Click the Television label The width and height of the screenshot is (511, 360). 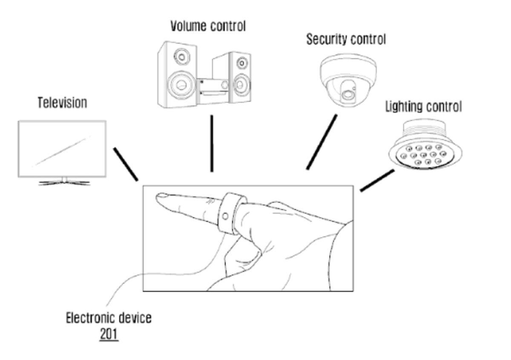[x=62, y=103]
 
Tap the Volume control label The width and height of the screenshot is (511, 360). [x=208, y=26]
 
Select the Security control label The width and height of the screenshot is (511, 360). [x=346, y=40]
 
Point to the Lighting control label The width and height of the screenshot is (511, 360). [x=423, y=106]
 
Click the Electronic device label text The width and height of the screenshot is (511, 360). [x=109, y=318]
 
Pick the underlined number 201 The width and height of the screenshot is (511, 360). [x=109, y=334]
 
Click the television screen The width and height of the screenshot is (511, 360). [x=62, y=149]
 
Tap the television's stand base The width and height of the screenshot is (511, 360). [x=64, y=183]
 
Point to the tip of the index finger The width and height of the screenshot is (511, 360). [x=159, y=197]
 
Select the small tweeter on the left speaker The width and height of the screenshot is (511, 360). [x=183, y=56]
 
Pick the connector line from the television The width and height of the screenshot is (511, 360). [x=126, y=164]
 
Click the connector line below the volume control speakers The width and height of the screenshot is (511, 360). [x=212, y=143]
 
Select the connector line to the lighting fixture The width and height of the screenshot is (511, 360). [x=377, y=180]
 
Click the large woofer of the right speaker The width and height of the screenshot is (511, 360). [x=241, y=83]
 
